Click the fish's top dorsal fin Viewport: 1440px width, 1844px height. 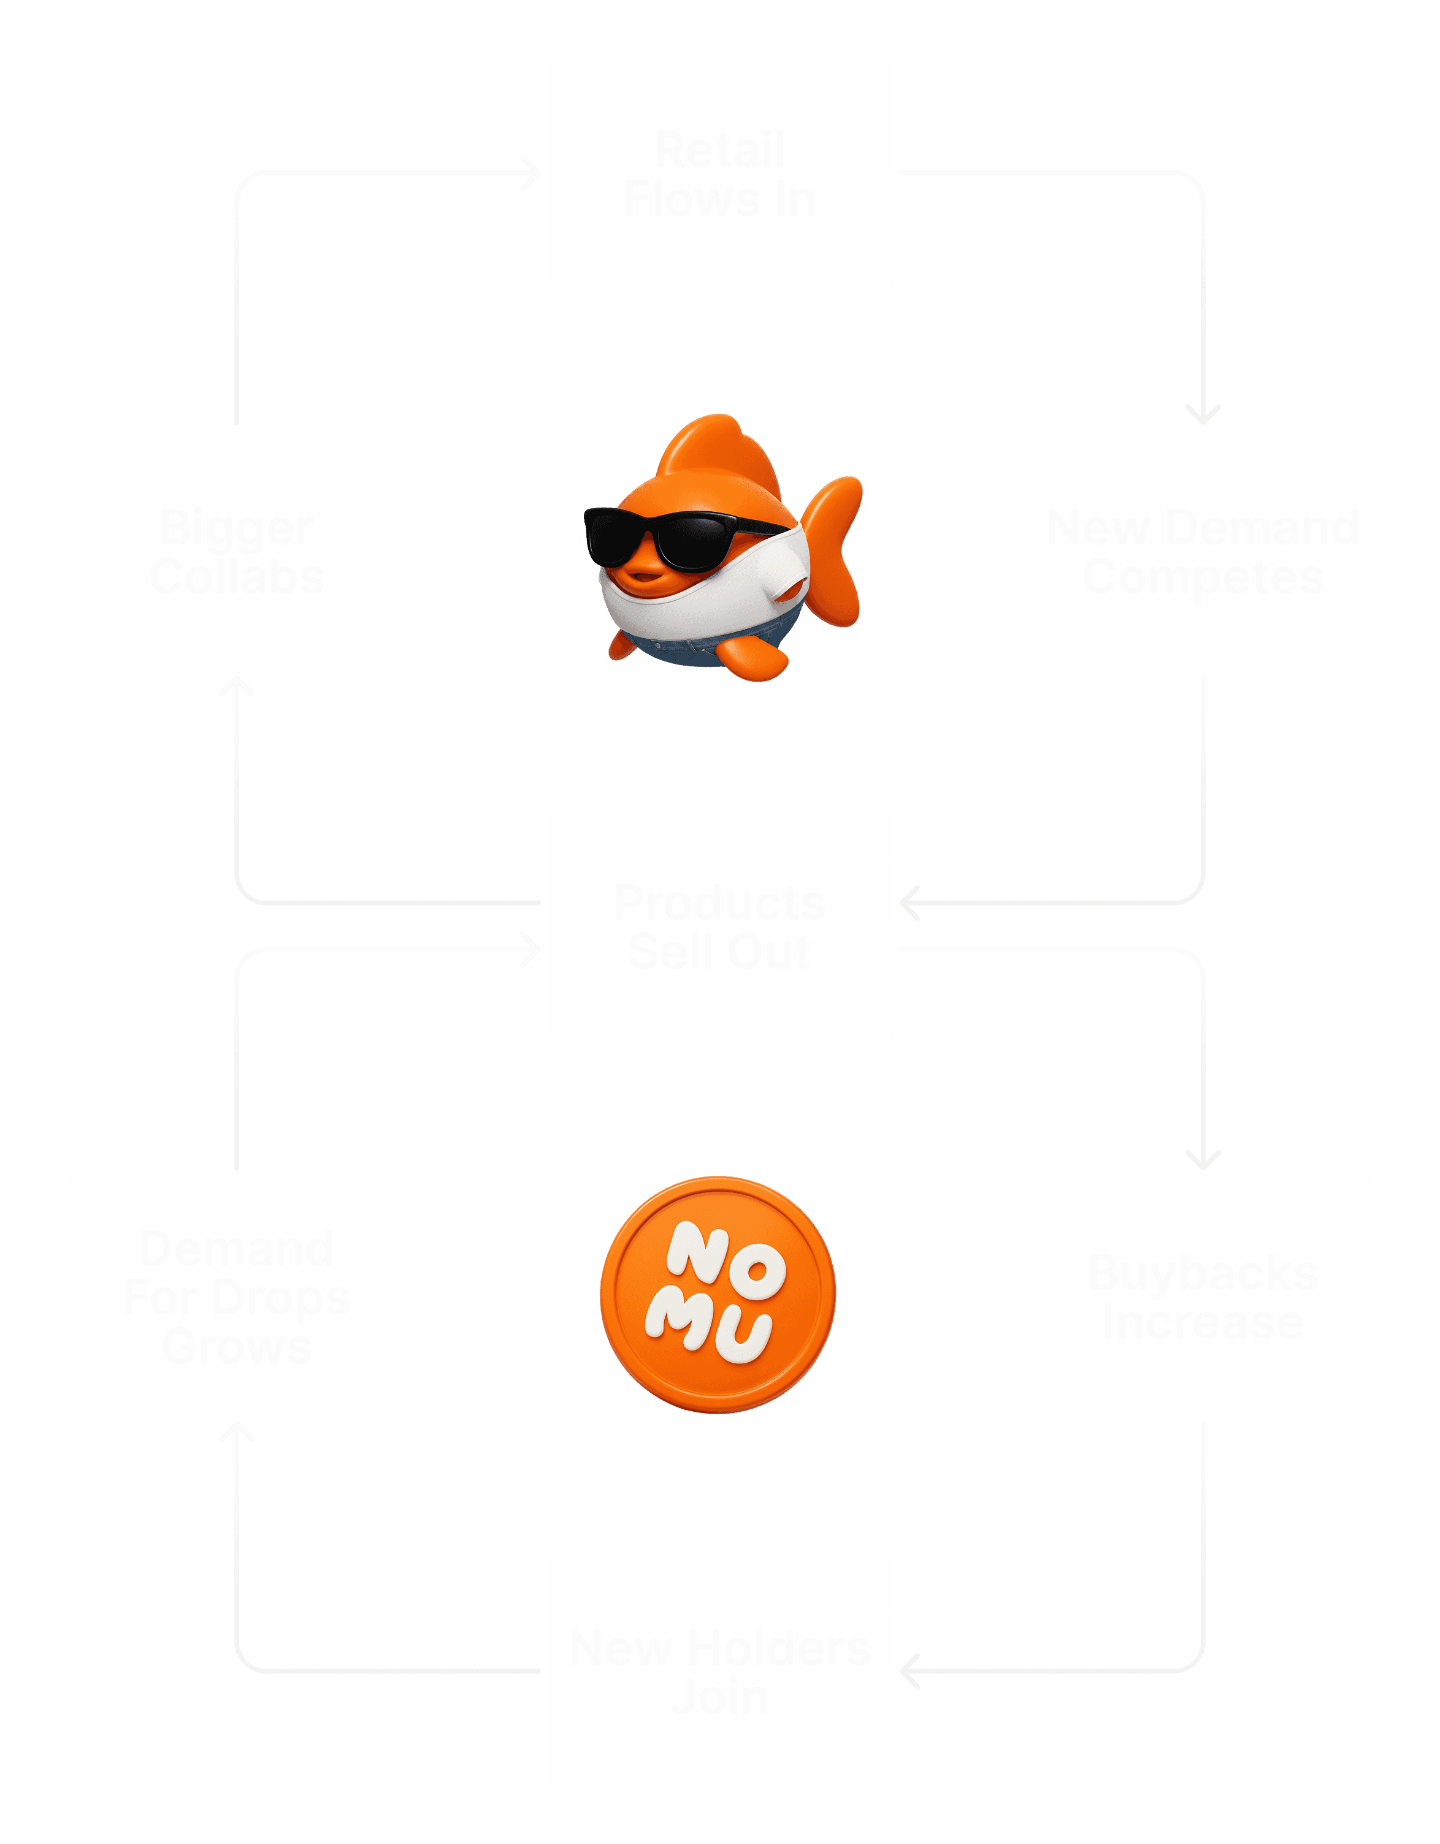[x=726, y=452]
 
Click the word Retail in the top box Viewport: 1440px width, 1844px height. [x=719, y=150]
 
